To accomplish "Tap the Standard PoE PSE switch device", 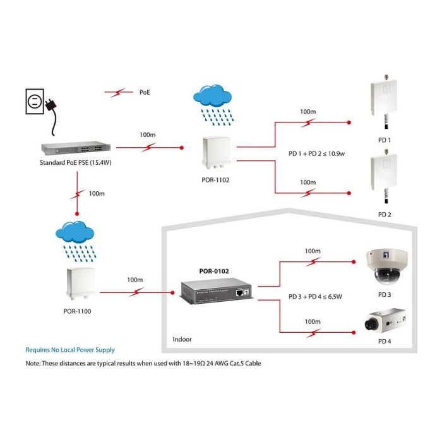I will coord(75,149).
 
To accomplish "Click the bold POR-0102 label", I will coord(215,272).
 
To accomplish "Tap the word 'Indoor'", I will coord(182,340).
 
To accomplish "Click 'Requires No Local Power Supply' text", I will coord(70,350).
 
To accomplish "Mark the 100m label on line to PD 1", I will coord(308,111).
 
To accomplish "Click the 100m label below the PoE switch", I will coord(97,193).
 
